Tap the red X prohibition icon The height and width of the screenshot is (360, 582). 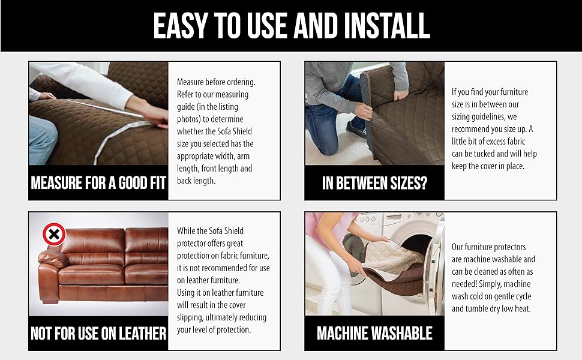coord(54,233)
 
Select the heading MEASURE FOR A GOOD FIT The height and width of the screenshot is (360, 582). coord(98,182)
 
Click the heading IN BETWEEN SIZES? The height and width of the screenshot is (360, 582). coord(374,183)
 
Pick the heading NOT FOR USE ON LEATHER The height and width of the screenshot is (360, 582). coord(98,333)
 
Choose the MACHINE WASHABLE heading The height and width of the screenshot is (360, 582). coord(374,333)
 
